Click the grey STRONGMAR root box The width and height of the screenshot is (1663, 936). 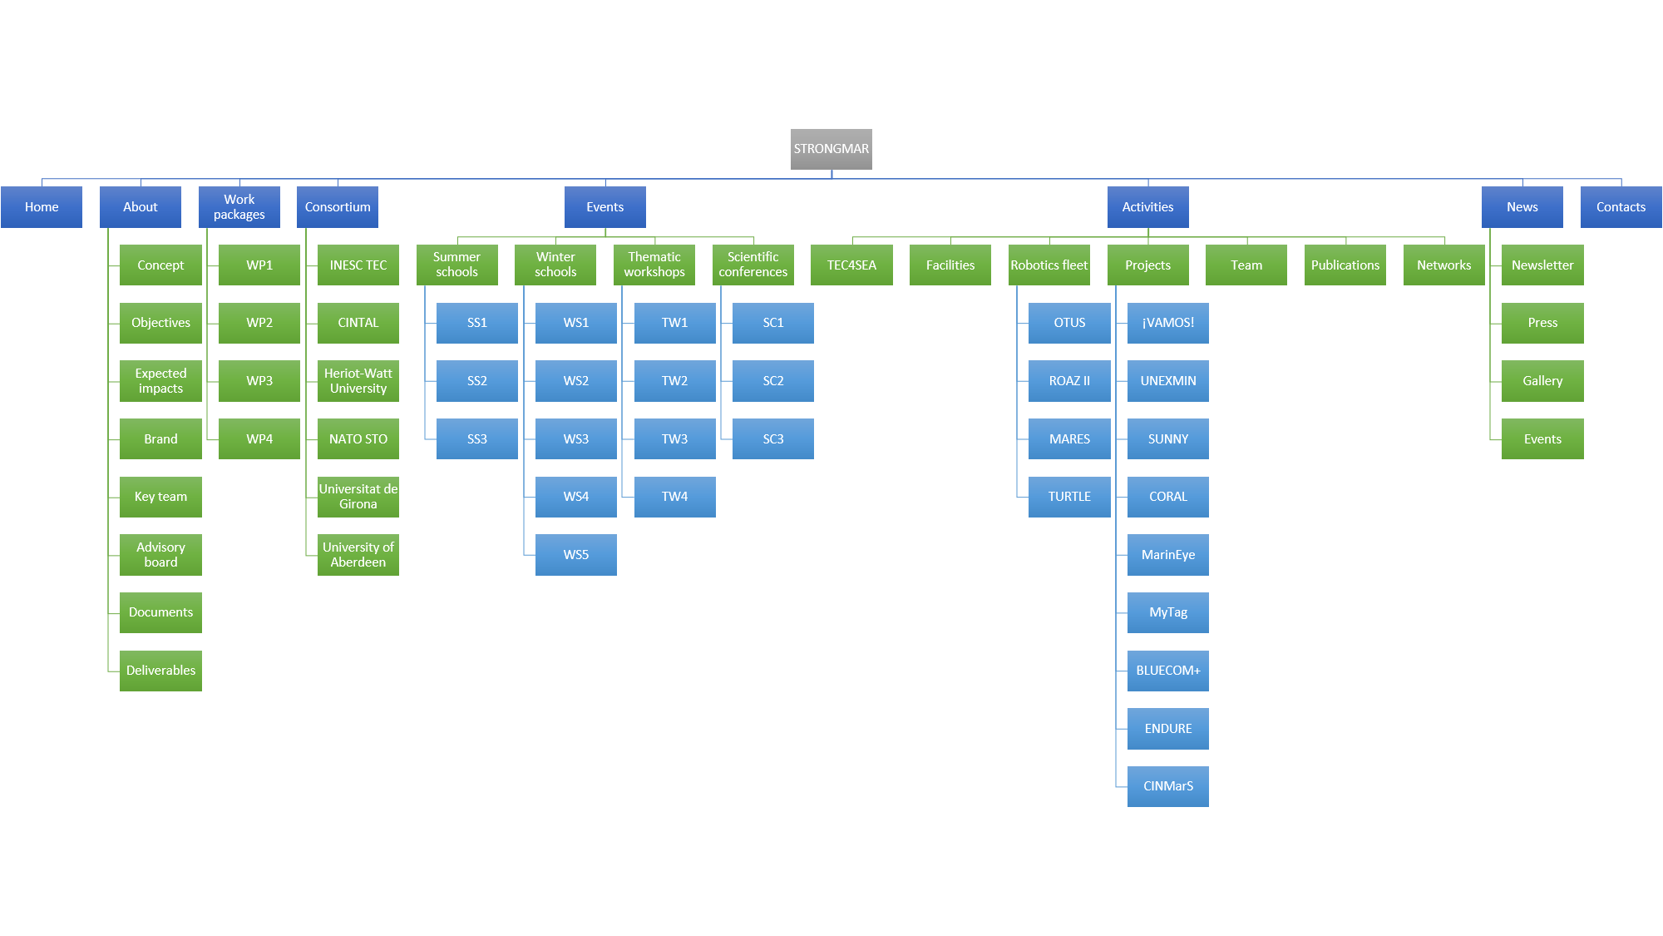coord(831,149)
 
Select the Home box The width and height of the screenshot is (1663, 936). coord(42,207)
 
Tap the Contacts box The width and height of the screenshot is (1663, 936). coord(1621,207)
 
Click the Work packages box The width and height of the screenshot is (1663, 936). coord(239,207)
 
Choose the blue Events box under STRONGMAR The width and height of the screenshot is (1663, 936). coord(605,207)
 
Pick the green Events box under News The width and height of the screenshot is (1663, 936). coord(1542,439)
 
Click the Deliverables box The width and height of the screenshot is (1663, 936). coord(160,671)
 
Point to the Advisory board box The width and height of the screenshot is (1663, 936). coord(160,555)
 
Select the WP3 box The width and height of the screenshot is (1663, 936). coord(259,381)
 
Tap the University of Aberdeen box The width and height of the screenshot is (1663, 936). coord(358,555)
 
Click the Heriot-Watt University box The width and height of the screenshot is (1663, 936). coord(358,381)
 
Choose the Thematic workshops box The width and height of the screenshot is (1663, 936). coord(654,265)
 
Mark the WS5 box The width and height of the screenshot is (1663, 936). coord(576,555)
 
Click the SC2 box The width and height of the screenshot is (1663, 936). coord(773,381)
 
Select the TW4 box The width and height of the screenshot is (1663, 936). coord(674,497)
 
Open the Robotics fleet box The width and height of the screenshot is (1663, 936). coord(1049,265)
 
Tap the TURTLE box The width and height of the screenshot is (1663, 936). coord(1069,497)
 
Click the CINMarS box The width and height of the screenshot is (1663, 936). coord(1168,786)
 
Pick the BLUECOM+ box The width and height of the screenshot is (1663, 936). coord(1168,671)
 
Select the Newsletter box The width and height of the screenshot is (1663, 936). coord(1542,265)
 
